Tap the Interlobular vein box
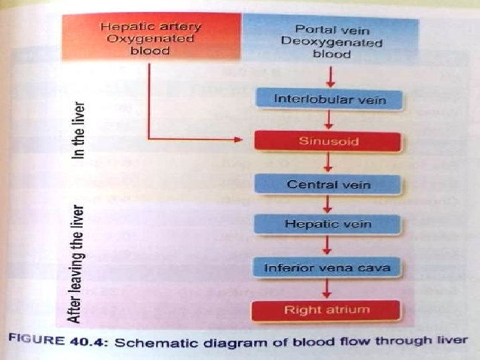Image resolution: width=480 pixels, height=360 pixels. click(x=329, y=100)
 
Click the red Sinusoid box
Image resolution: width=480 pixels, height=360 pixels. click(x=328, y=142)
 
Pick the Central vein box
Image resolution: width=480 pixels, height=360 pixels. click(x=328, y=185)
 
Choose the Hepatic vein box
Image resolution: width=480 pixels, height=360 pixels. click(x=328, y=225)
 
